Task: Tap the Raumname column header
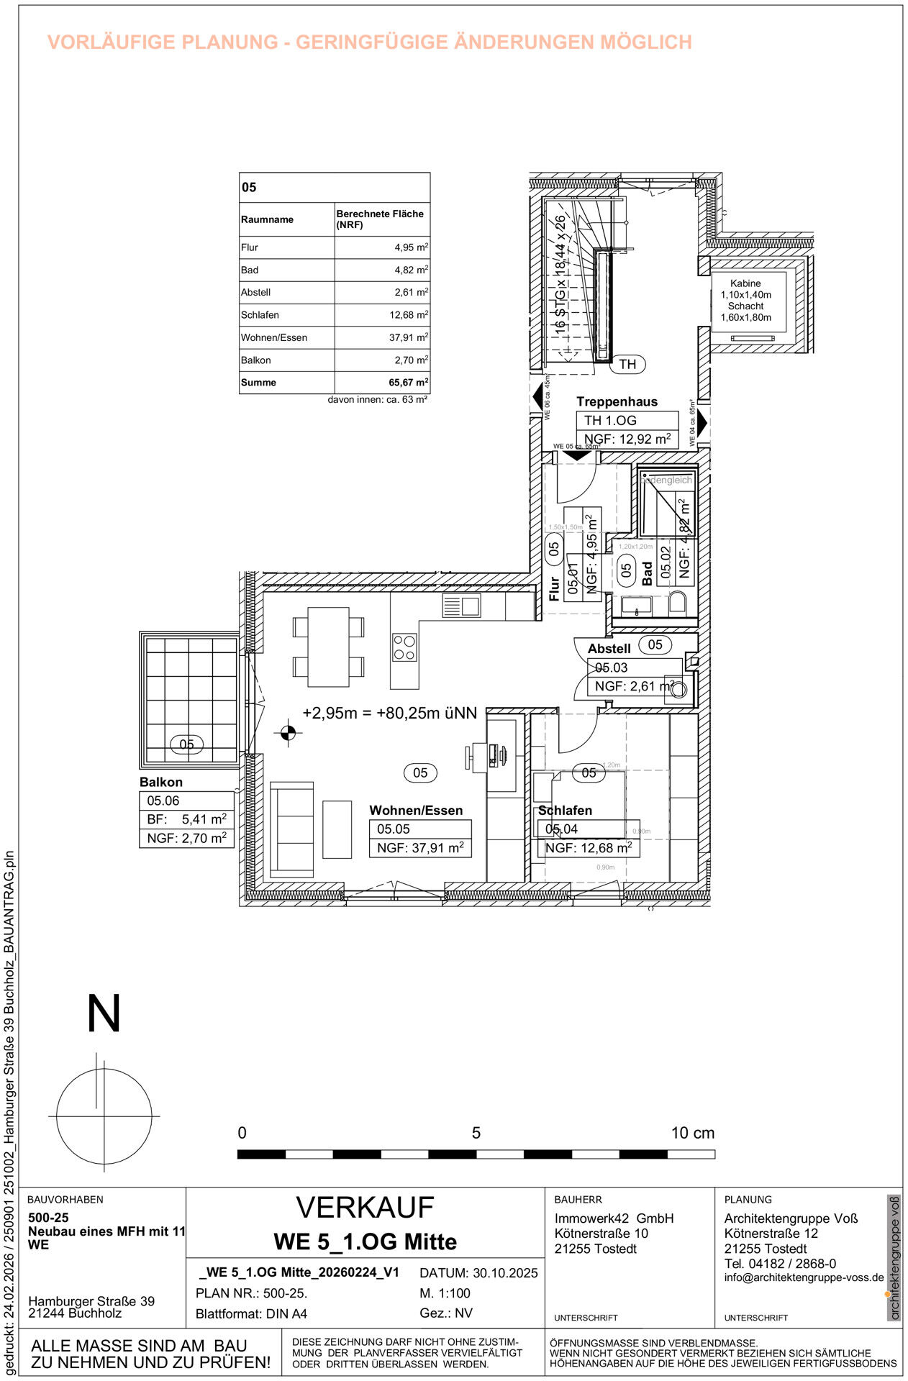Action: tap(267, 219)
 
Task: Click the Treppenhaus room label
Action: tap(617, 402)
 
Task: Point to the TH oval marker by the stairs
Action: tap(627, 365)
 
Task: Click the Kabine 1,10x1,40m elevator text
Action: tap(745, 289)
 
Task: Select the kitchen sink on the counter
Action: tap(461, 606)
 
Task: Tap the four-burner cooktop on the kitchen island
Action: tap(404, 647)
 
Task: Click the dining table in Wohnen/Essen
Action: tap(328, 647)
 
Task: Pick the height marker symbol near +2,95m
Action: tap(288, 733)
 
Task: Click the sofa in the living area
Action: tap(292, 829)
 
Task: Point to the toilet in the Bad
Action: tap(678, 603)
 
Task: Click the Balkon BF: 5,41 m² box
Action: tap(186, 819)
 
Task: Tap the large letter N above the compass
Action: tap(104, 1014)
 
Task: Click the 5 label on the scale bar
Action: tap(476, 1133)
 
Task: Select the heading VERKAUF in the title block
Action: tap(365, 1208)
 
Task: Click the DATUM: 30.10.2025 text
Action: tap(478, 1273)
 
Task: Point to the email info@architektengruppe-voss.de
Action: tap(804, 1277)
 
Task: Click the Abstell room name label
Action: tap(609, 649)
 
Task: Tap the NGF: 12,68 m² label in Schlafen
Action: tap(588, 848)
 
